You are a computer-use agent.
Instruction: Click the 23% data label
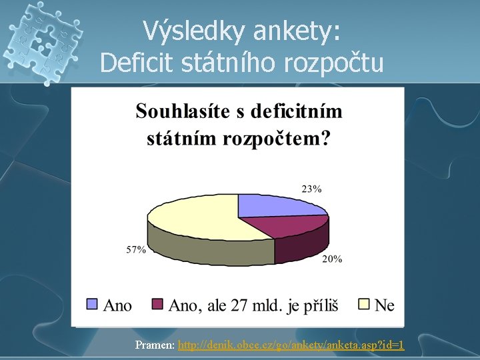coord(311,189)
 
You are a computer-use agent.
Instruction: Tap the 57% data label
coord(136,249)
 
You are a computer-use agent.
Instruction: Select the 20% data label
coord(332,259)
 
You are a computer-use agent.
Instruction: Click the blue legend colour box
coord(93,305)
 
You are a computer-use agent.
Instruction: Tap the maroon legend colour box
coord(157,305)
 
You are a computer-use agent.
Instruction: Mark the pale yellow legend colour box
coord(364,305)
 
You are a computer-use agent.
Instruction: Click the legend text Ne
coord(385,305)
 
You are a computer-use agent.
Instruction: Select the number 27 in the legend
coord(239,305)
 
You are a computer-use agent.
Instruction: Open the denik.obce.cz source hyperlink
coord(291,345)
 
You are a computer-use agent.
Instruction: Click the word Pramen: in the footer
coord(155,345)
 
